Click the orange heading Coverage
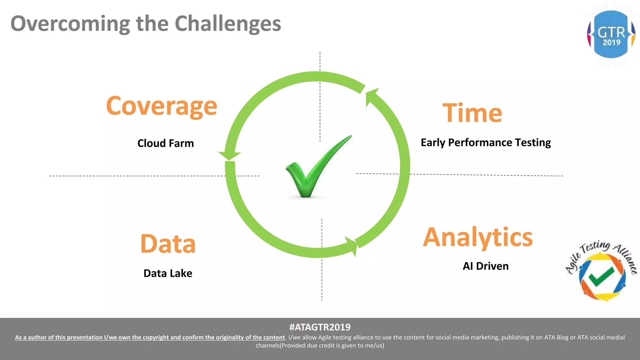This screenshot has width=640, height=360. click(161, 107)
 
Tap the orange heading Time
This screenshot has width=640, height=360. click(472, 113)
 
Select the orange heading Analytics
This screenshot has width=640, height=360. click(477, 237)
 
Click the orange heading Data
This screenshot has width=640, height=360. click(168, 244)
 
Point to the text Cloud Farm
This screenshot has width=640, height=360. click(166, 143)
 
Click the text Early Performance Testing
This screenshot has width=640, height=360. click(486, 142)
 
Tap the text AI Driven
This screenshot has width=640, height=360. click(486, 266)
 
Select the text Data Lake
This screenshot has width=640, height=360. click(168, 273)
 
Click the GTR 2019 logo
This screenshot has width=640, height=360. click(611, 34)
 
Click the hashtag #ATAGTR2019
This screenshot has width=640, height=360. click(320, 327)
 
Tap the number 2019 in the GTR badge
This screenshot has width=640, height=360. click(611, 42)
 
